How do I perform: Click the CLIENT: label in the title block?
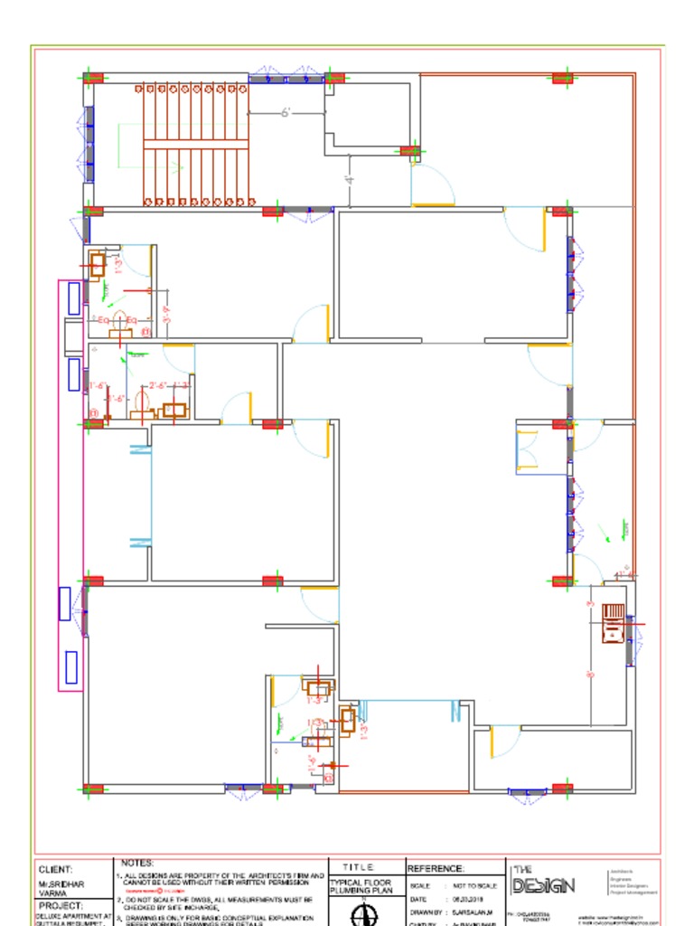click(55, 869)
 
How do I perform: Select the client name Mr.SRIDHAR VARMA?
click(55, 887)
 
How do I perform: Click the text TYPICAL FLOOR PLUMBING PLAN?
click(361, 886)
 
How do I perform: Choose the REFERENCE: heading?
click(436, 869)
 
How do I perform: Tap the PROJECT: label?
click(61, 905)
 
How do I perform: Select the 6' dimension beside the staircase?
click(285, 113)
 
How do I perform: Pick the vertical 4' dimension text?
click(350, 179)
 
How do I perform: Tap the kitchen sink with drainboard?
click(613, 623)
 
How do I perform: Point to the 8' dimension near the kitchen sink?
click(589, 674)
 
